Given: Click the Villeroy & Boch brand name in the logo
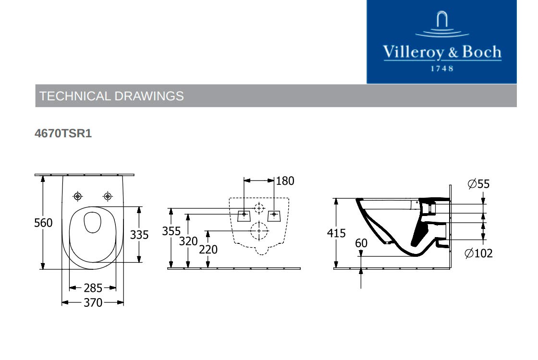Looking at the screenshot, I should pos(441,52).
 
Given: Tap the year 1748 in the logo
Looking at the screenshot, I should pos(441,69).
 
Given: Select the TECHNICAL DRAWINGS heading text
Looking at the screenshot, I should pos(111,96).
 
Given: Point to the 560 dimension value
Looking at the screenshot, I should pos(43,223).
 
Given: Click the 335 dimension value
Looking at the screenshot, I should pos(139,235).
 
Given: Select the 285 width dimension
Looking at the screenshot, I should pos(93,288).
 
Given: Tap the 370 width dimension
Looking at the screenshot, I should pos(93,302).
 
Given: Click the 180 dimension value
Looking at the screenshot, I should pos(285,181).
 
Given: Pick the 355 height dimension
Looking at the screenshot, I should pos(171,231).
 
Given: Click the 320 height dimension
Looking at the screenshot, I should pos(188,241).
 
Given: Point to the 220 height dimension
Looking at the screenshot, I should pos(208,250).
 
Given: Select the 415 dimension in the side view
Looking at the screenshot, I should pos(336,233).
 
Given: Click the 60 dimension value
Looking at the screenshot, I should pos(361,243).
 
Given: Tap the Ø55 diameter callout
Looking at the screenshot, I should pos(478,184).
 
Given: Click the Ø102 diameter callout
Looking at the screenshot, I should pos(478,253).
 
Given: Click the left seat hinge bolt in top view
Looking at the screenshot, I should pos(77,196).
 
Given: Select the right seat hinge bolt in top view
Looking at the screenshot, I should pos(108,196).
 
